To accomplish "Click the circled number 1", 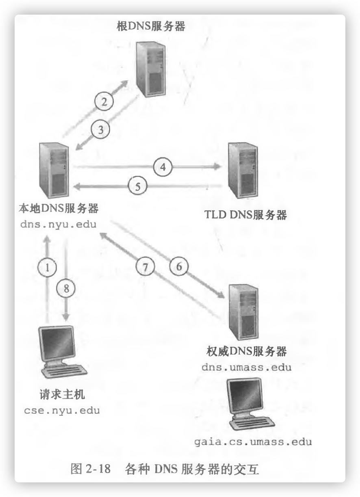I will point(48,267).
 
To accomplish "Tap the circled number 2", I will point(104,101).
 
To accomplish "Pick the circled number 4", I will point(163,166).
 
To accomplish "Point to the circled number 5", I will point(137,187).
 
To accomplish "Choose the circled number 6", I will point(179,267).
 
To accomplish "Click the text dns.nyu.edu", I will point(58,224).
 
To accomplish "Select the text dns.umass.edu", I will point(246,367).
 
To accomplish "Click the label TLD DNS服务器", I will point(246,214).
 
